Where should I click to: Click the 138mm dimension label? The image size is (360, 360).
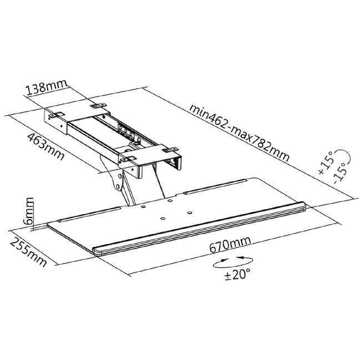(47, 87)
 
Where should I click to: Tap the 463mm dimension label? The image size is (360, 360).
(46, 146)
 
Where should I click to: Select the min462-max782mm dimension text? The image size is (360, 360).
(239, 133)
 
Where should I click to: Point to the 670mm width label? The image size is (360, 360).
(230, 244)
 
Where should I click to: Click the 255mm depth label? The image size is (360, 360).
(28, 252)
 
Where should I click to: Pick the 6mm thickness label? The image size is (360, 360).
(28, 211)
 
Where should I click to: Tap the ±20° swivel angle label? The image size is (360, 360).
(237, 275)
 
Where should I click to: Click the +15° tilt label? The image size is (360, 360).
(326, 163)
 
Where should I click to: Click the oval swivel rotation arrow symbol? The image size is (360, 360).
(233, 262)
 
